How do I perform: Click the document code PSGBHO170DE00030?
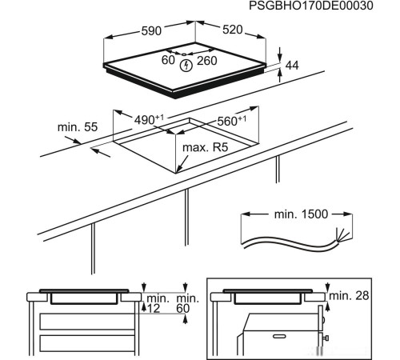pyautogui.click(x=322, y=6)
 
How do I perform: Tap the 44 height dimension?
pyautogui.click(x=292, y=66)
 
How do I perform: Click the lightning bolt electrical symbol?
pyautogui.click(x=187, y=63)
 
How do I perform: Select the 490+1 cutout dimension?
pyautogui.click(x=149, y=119)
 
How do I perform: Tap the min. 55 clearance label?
pyautogui.click(x=77, y=127)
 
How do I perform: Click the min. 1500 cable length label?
pyautogui.click(x=297, y=216)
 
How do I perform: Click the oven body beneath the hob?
pyautogui.click(x=272, y=332)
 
